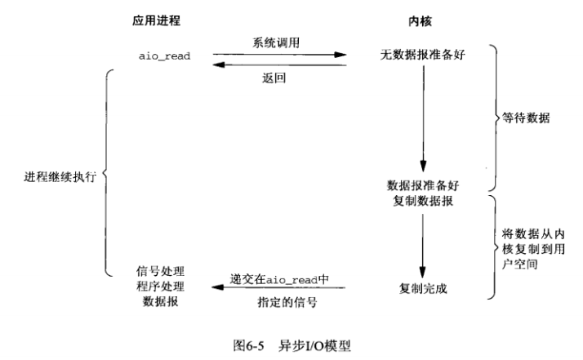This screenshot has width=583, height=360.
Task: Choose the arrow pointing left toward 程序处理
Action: [x=278, y=287]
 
